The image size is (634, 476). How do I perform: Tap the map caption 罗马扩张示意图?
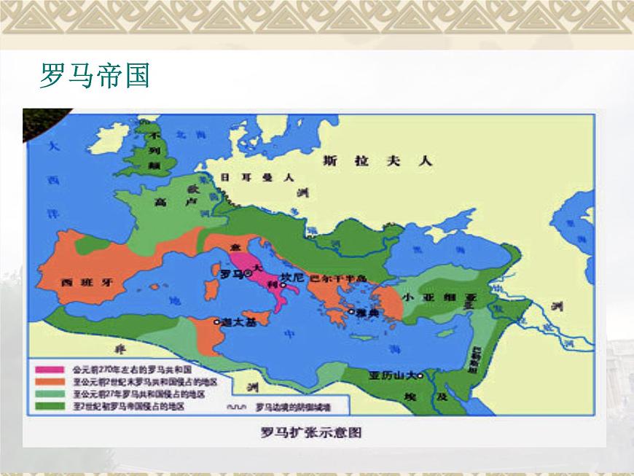coord(311,432)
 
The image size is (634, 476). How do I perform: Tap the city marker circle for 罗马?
coord(248,273)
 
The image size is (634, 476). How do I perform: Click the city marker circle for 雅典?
coord(351,312)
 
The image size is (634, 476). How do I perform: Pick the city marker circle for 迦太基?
coord(216,321)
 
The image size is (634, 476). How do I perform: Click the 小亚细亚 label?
coord(445,297)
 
